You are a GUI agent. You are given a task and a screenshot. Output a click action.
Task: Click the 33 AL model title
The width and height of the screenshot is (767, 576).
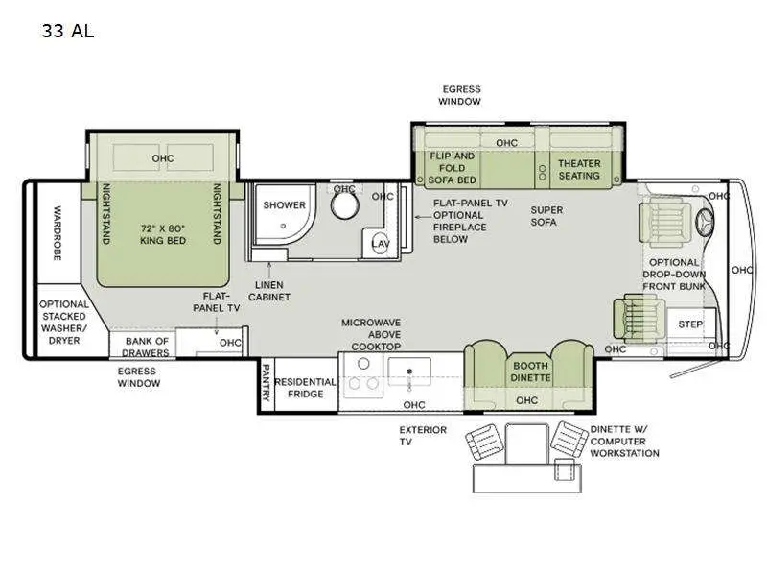click(67, 31)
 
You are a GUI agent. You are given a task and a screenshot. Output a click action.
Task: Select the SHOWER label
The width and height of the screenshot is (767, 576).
click(284, 205)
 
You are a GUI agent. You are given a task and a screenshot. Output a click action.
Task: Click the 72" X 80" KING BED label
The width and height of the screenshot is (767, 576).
click(163, 234)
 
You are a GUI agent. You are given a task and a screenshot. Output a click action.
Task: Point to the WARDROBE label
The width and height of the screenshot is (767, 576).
click(58, 232)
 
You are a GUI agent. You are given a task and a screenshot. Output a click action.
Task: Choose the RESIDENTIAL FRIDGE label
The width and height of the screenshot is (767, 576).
click(305, 388)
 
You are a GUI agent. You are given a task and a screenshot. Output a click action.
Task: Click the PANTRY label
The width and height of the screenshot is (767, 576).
click(267, 382)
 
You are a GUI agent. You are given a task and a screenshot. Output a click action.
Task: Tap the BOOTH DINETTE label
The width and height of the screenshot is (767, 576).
click(531, 372)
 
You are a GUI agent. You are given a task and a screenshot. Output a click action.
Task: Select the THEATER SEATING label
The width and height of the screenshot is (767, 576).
click(579, 170)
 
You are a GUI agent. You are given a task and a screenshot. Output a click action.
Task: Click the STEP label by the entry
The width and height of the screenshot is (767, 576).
click(690, 324)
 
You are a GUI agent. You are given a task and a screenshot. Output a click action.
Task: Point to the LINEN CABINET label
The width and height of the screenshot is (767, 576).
click(269, 291)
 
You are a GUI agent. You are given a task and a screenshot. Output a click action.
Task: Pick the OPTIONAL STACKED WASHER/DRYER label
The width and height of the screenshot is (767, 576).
click(64, 323)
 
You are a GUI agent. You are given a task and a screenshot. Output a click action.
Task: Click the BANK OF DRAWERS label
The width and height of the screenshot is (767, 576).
click(147, 347)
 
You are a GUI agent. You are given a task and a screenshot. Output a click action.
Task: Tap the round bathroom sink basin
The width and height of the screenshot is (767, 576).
click(345, 204)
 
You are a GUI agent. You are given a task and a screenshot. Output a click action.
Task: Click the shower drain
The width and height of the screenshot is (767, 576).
click(283, 227)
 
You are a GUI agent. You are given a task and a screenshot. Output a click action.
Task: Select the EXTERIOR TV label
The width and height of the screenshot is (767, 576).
click(423, 436)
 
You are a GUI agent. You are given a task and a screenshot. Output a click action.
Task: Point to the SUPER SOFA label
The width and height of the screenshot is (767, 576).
click(546, 216)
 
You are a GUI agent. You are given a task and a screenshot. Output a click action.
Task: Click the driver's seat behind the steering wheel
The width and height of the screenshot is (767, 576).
click(665, 221)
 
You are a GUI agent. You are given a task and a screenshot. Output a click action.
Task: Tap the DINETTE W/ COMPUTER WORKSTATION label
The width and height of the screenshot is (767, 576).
click(625, 442)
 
